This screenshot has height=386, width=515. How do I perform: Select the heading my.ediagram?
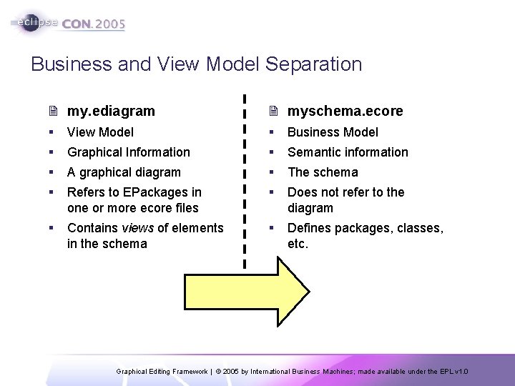click(111, 112)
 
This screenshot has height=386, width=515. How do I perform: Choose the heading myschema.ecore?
click(345, 112)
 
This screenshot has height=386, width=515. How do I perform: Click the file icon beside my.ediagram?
click(54, 112)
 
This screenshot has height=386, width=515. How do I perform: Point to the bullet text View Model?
click(100, 132)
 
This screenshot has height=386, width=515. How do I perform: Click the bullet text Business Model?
click(333, 132)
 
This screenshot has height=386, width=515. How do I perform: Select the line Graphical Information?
click(128, 152)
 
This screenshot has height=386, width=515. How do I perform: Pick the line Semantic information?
click(348, 152)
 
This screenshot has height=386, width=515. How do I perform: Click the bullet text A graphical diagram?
click(124, 172)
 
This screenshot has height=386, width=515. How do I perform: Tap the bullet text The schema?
click(323, 172)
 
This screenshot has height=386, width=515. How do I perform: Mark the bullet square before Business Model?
click(272, 132)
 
